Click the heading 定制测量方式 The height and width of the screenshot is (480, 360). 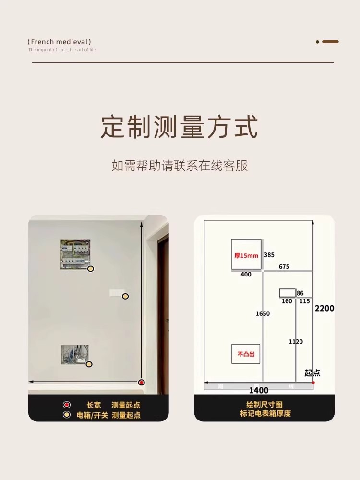coord(180,127)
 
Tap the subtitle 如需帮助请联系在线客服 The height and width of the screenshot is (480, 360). coord(180,166)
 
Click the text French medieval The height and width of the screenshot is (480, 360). coord(60,42)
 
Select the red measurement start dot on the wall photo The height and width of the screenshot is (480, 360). coord(141,382)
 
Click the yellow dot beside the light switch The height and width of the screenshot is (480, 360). coord(125,296)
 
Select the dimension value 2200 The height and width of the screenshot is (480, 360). coord(324,308)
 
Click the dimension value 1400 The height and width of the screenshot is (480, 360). coord(258,390)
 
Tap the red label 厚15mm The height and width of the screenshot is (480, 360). coord(246,256)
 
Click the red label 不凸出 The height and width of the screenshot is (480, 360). coord(246,354)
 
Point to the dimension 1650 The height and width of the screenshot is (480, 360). coord(262,313)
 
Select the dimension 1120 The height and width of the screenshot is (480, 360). coord(296,341)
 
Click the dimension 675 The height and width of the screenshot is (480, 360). coord(284,267)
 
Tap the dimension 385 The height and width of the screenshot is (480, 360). coord(269,255)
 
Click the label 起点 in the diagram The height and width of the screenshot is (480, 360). coord(312,372)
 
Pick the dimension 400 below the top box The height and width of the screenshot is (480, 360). coord(246,274)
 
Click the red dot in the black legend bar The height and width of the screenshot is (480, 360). coord(67,405)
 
